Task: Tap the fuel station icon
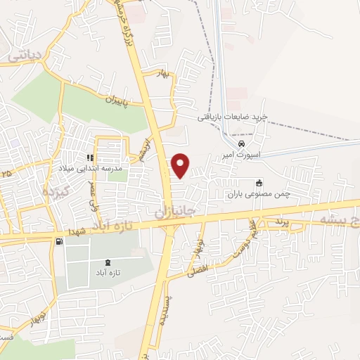(x=57, y=242)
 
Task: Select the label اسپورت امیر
(x=243, y=154)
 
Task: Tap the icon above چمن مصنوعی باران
(x=259, y=182)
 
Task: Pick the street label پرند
(x=281, y=221)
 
